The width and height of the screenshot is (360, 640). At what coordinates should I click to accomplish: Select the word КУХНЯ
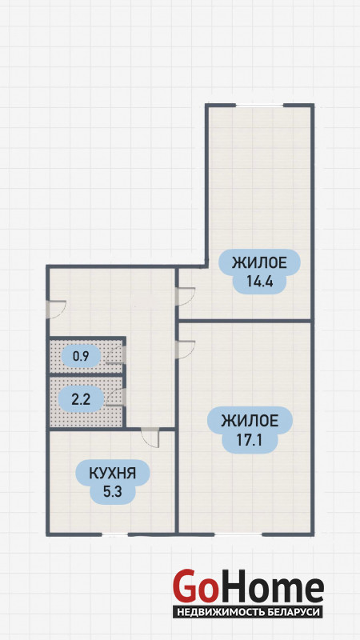[112, 474]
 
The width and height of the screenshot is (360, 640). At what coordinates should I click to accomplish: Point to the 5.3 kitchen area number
[112, 492]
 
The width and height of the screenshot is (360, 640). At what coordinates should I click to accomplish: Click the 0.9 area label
[81, 357]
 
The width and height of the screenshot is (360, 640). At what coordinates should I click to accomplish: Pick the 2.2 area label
[81, 398]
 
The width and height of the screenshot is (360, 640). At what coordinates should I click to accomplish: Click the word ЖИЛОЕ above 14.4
[259, 262]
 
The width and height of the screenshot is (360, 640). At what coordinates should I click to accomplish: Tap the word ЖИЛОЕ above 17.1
[250, 421]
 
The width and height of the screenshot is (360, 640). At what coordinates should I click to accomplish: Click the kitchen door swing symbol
[150, 438]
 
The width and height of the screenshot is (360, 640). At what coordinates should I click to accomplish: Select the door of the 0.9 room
[116, 354]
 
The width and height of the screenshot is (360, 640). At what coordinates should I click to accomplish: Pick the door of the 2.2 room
[116, 397]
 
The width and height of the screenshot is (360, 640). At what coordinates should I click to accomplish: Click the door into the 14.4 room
[185, 296]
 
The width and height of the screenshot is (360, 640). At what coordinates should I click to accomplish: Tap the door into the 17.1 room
[185, 350]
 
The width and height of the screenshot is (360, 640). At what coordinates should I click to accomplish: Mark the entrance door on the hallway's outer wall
[56, 310]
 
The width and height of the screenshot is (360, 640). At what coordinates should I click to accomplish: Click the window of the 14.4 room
[259, 106]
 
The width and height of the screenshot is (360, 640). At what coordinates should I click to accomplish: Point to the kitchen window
[114, 534]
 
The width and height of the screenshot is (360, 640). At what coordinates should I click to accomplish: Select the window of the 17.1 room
[238, 534]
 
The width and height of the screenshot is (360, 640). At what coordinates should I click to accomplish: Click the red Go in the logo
[194, 587]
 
